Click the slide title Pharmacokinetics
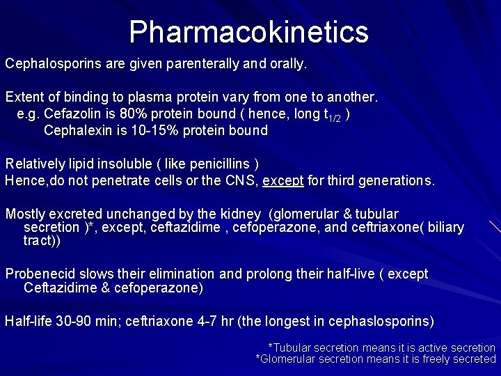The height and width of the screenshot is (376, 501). [x=248, y=31]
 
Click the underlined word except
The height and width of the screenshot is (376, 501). [x=283, y=180]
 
